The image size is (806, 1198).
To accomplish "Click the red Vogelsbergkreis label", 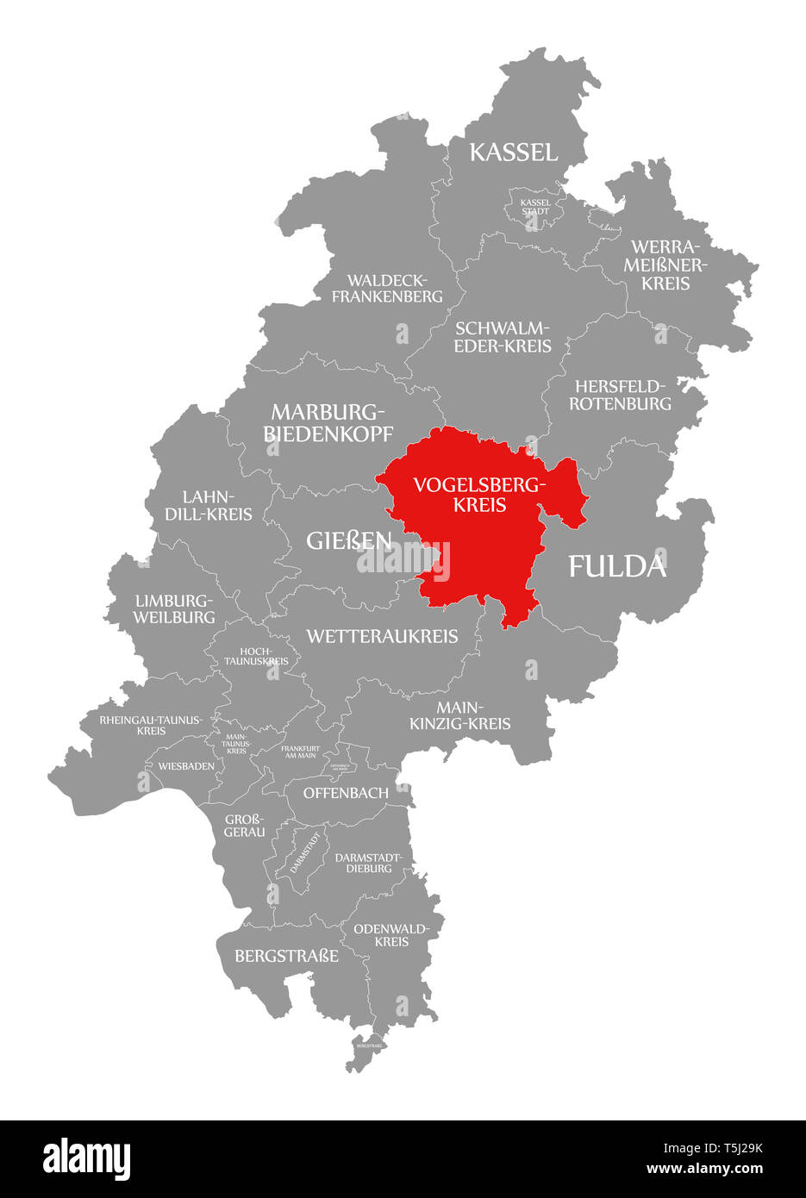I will click(x=479, y=495).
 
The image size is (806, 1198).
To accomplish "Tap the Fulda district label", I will click(x=617, y=566).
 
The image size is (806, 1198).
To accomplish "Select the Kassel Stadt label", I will click(x=534, y=207).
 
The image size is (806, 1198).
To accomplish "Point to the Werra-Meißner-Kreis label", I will click(x=665, y=265).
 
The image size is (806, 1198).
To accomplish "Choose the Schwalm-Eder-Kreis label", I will click(x=503, y=337).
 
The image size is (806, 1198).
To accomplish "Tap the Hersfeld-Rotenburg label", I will click(x=621, y=394).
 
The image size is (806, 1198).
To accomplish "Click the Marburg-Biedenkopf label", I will click(x=328, y=422).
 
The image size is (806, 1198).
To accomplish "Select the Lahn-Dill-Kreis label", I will click(x=217, y=506).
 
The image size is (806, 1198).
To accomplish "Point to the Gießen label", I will click(x=348, y=541).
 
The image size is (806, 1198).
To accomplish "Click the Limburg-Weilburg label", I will click(x=174, y=608).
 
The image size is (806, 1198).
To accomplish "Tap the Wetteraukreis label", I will click(x=382, y=636).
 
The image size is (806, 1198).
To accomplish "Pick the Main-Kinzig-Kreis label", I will click(x=460, y=715).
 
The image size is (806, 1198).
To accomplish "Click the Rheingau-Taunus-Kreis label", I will click(x=151, y=725).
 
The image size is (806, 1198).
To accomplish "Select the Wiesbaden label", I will click(x=186, y=765).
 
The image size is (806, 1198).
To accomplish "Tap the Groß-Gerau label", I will click(x=245, y=825).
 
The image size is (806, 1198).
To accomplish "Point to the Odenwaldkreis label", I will click(x=391, y=935).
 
